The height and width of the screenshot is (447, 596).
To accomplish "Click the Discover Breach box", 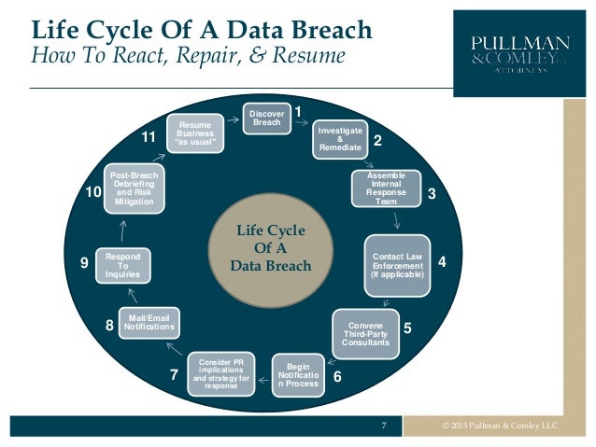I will pyautogui.click(x=266, y=119).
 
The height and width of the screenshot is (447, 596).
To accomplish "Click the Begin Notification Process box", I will pyautogui.click(x=299, y=373).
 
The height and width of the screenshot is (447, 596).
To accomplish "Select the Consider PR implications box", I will pyautogui.click(x=221, y=371).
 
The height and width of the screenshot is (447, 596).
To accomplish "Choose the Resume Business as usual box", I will pyautogui.click(x=195, y=133).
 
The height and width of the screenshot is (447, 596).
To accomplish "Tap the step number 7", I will pyautogui.click(x=174, y=375).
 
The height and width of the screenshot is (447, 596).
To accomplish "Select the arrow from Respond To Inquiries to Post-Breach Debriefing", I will pyautogui.click(x=124, y=230).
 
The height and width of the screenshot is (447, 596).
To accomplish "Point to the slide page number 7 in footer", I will pyautogui.click(x=384, y=426).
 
